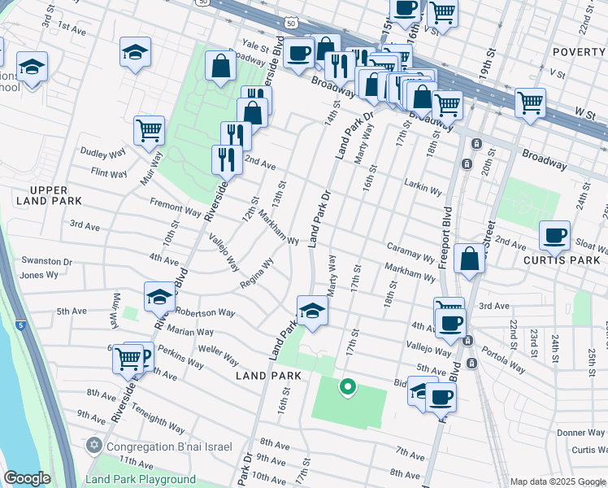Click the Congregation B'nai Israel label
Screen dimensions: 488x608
[x=169, y=447]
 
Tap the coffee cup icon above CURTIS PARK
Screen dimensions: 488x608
[x=555, y=236]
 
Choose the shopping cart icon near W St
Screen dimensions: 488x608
[x=530, y=103]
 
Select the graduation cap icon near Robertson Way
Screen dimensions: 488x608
[x=160, y=298]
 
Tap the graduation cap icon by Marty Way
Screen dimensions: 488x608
[x=312, y=310]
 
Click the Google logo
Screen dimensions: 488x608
[x=28, y=478]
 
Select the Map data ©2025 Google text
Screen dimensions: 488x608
[x=558, y=481]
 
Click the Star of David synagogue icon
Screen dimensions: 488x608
[x=94, y=447]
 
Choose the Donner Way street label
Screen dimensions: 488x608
[x=580, y=434]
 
